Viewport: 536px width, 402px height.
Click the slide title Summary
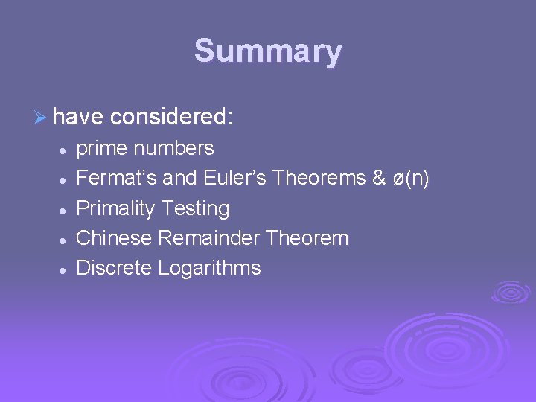pyautogui.click(x=268, y=52)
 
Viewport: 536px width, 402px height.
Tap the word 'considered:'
pyautogui.click(x=171, y=116)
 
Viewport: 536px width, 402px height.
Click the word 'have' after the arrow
pyautogui.click(x=79, y=116)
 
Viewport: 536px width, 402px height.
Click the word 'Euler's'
pyautogui.click(x=236, y=179)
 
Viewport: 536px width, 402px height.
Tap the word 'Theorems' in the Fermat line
pyautogui.click(x=321, y=179)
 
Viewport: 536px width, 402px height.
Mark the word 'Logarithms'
pyautogui.click(x=209, y=269)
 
